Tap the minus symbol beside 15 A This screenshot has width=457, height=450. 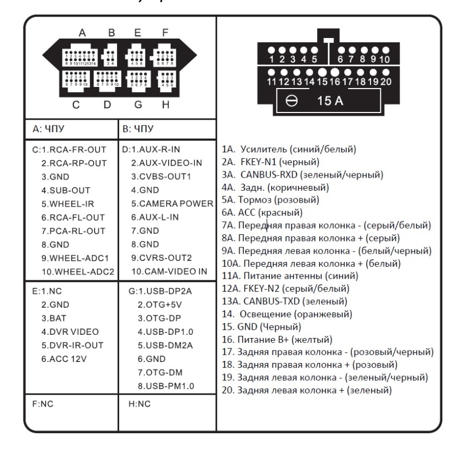point(292,102)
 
